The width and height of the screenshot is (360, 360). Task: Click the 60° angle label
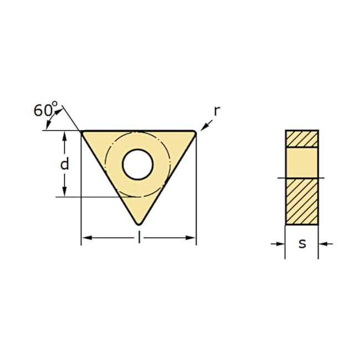45,109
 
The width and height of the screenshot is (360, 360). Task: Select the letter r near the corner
217,111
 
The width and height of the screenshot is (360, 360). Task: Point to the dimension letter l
138,237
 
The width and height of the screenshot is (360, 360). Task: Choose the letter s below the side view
302,244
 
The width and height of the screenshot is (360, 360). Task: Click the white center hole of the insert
138,164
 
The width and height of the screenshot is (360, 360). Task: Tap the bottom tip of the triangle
138,224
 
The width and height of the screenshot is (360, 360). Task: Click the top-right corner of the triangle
195,132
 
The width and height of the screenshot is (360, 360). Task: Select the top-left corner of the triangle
83,132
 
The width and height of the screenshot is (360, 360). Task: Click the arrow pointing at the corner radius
207,125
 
